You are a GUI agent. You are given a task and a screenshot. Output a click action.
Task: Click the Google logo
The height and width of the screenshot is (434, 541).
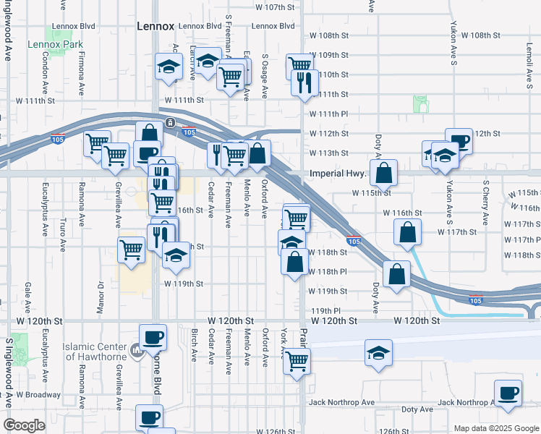pyautogui.click(x=24, y=425)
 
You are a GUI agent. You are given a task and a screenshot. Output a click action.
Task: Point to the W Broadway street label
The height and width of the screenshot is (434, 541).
pyautogui.click(x=38, y=395)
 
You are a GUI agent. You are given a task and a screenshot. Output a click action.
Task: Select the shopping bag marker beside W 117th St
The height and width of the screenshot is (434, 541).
pyautogui.click(x=408, y=233)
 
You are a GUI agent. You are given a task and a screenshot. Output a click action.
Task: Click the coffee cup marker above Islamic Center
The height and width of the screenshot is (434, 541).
pyautogui.click(x=153, y=338)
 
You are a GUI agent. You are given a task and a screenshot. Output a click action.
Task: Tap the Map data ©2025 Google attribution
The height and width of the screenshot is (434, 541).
pyautogui.click(x=495, y=428)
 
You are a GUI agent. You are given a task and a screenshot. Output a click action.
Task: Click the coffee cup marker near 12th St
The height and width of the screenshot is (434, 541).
pyautogui.click(x=458, y=142)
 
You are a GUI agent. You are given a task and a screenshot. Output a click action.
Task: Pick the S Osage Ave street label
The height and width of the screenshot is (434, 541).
pyautogui.click(x=265, y=76)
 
